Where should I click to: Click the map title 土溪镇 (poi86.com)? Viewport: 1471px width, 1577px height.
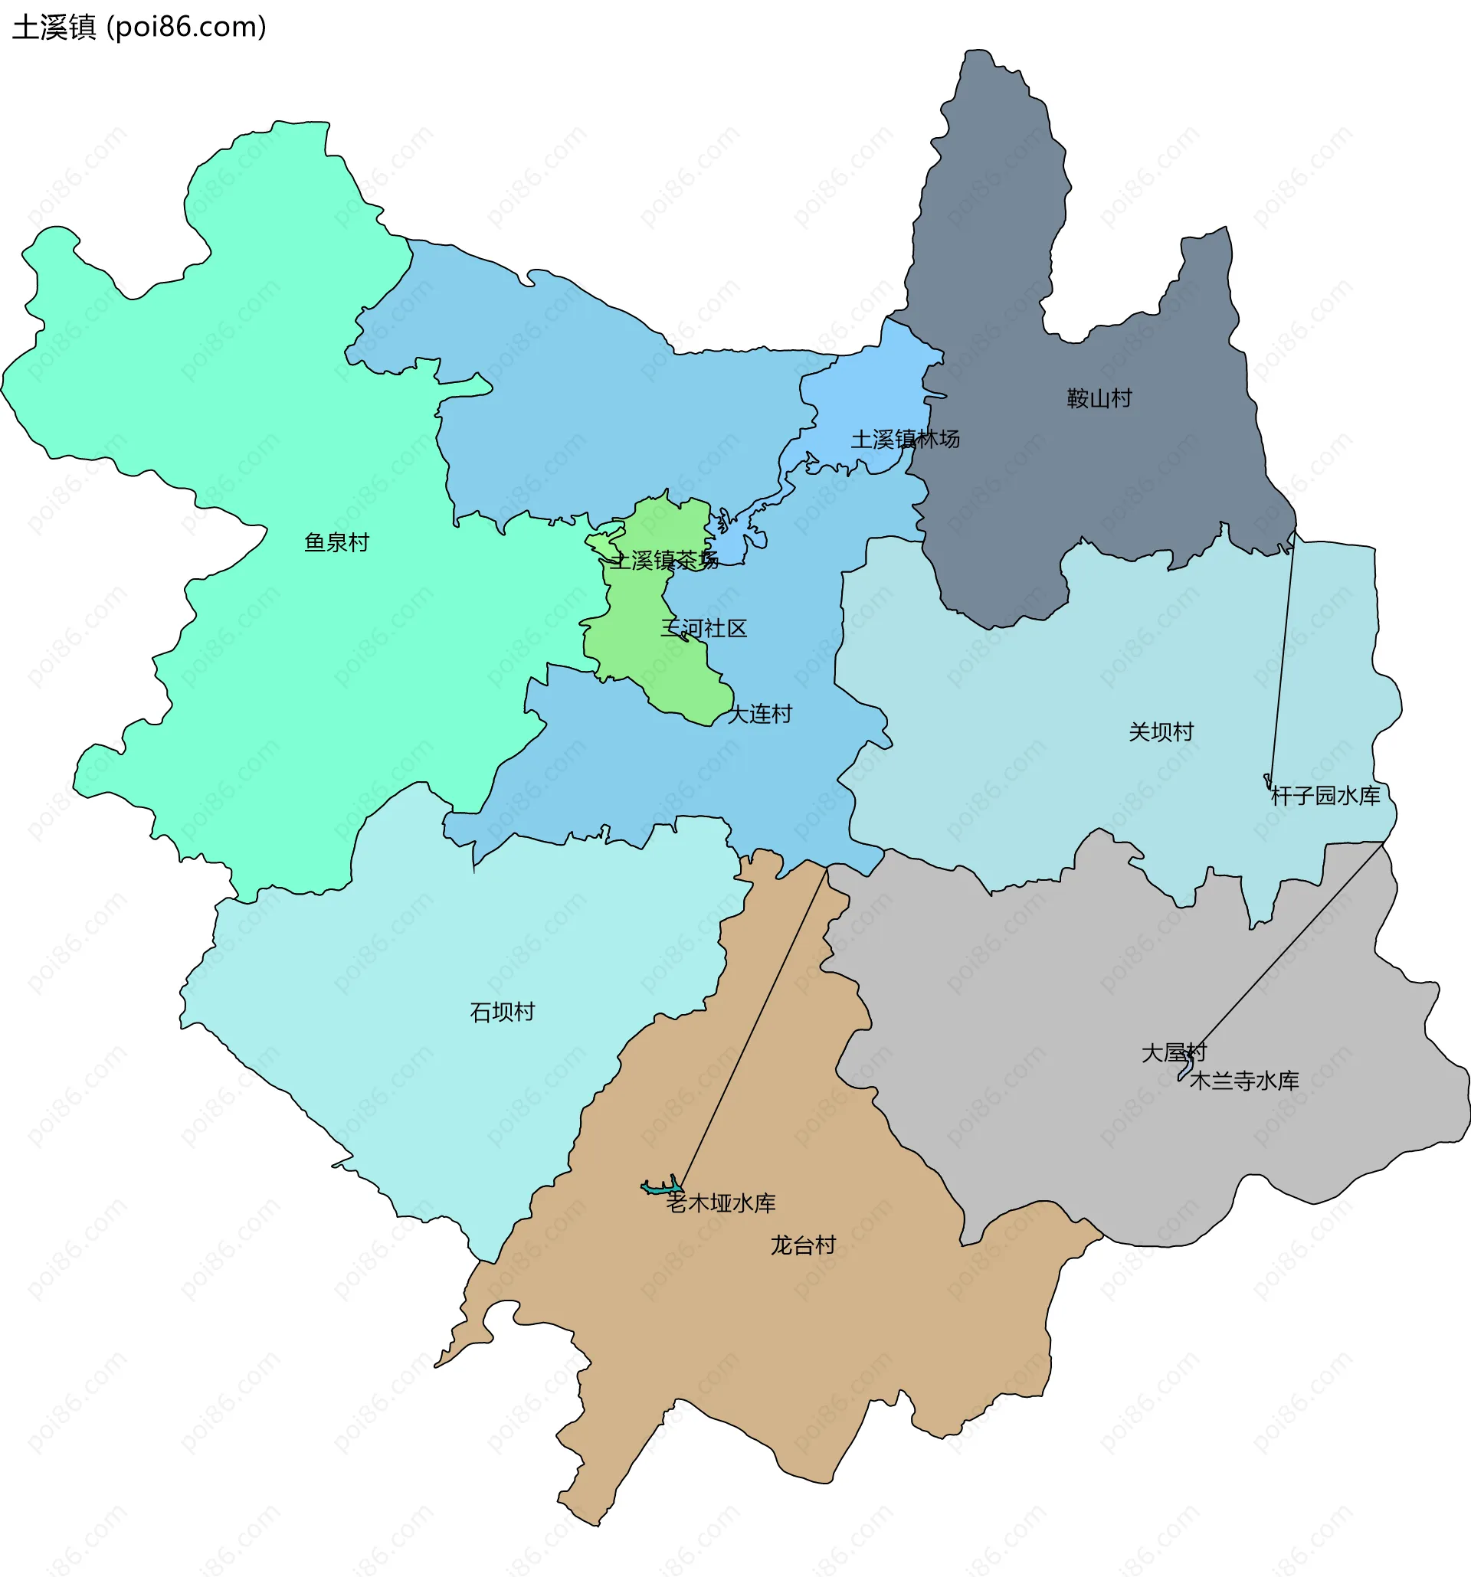pyautogui.click(x=139, y=28)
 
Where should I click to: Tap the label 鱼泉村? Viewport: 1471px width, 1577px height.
pyautogui.click(x=336, y=542)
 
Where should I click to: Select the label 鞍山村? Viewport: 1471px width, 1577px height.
pyautogui.click(x=1099, y=398)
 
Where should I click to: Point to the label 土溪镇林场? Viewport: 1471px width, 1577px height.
pyautogui.click(x=906, y=439)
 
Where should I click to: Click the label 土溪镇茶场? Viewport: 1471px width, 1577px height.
pyautogui.click(x=663, y=561)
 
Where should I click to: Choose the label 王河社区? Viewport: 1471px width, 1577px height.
pyautogui.click(x=704, y=629)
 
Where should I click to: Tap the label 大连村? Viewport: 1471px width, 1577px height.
pyautogui.click(x=759, y=714)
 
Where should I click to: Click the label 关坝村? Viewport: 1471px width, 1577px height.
pyautogui.click(x=1161, y=731)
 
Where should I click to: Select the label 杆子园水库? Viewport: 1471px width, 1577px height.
pyautogui.click(x=1325, y=796)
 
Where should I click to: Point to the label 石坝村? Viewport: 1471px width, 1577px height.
pyautogui.click(x=503, y=1012)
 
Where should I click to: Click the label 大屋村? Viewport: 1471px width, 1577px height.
pyautogui.click(x=1174, y=1052)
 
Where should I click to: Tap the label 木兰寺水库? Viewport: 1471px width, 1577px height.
pyautogui.click(x=1244, y=1081)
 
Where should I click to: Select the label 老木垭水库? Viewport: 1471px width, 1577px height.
pyautogui.click(x=720, y=1202)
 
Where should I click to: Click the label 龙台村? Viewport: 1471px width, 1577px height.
pyautogui.click(x=803, y=1245)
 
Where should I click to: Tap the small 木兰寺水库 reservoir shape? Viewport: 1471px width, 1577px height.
pyautogui.click(x=1186, y=1068)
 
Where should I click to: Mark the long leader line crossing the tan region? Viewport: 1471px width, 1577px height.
pyautogui.click(x=754, y=1027)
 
